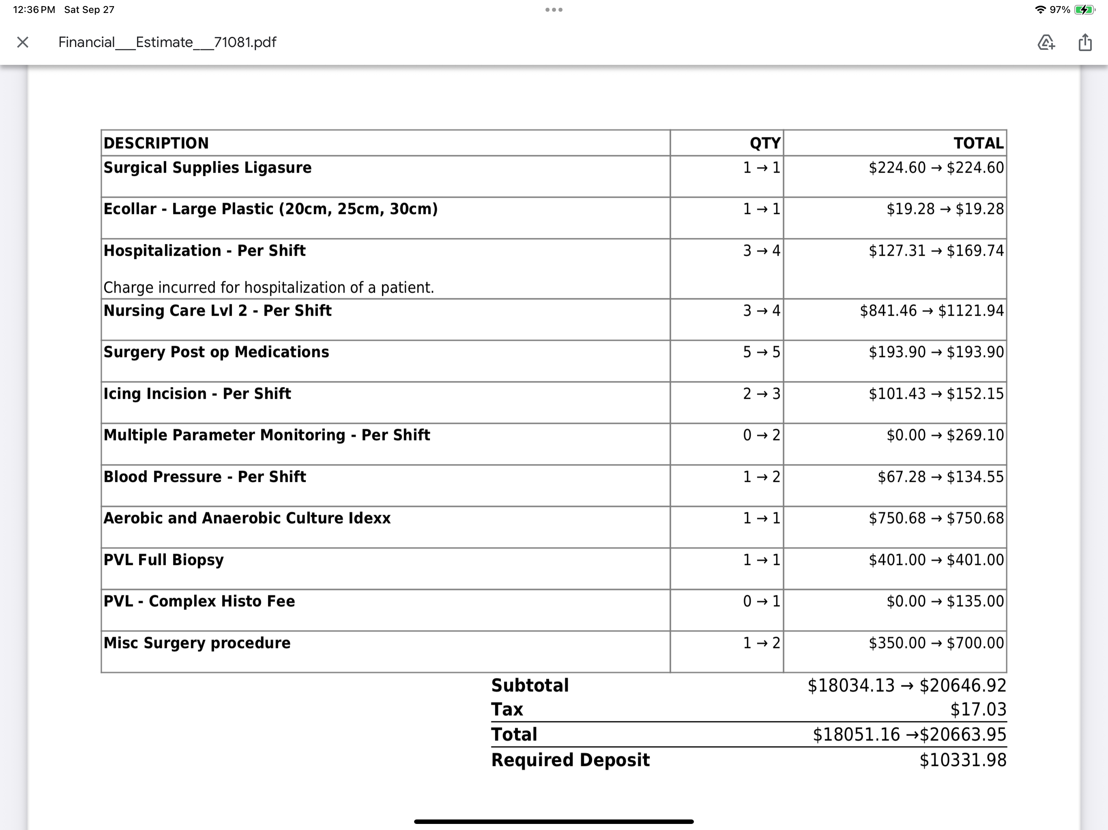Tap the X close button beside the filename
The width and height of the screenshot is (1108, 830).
(x=23, y=42)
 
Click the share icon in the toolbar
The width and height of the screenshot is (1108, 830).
(x=1084, y=42)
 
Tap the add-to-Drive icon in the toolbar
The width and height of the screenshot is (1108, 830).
(x=1046, y=42)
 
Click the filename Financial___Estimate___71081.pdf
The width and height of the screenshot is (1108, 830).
(x=167, y=42)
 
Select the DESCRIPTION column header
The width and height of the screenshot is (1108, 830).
(x=156, y=143)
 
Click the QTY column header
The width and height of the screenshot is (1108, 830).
(x=764, y=143)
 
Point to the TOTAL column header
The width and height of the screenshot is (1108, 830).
(x=978, y=143)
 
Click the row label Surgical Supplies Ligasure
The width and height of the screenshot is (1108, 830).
(x=207, y=168)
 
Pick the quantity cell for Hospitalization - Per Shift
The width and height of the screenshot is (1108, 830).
(x=761, y=250)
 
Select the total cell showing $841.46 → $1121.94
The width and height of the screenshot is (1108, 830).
(x=932, y=311)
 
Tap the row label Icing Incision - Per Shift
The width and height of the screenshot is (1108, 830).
(x=197, y=394)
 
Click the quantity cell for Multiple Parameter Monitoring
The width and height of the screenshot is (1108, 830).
(x=761, y=435)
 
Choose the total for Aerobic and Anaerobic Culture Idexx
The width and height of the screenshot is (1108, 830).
(x=936, y=518)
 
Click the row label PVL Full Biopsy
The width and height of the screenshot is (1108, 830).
(x=163, y=560)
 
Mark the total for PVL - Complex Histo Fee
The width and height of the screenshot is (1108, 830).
(x=945, y=601)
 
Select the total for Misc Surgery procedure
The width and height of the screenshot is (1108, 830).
(x=936, y=643)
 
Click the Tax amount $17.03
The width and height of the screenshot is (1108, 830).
(x=978, y=709)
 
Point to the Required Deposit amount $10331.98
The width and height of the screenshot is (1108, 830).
(x=962, y=760)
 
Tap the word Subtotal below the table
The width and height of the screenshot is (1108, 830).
(x=529, y=685)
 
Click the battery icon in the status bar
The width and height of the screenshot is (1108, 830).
(x=1084, y=9)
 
